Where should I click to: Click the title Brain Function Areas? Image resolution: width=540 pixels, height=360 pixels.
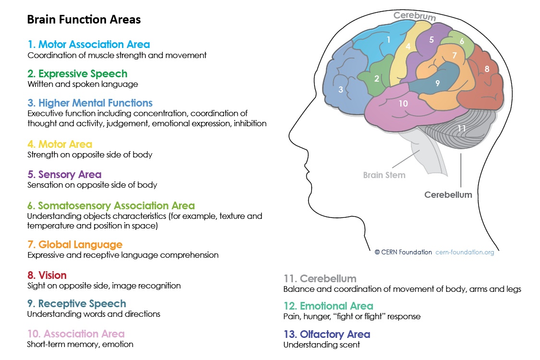84,19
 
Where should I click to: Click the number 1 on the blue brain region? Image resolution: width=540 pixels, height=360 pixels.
388,40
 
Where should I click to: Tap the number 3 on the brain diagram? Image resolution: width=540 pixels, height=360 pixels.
341,90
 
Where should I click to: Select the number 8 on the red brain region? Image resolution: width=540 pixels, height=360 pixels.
487,69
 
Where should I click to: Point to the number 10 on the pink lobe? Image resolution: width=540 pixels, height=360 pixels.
403,103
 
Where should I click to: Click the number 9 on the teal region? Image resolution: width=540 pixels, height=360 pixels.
437,83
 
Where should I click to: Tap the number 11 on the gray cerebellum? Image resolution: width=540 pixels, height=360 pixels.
461,129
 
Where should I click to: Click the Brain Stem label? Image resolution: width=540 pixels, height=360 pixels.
384,175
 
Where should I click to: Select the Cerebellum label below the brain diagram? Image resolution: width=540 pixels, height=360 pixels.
448,195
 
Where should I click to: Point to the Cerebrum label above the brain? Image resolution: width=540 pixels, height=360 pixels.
415,16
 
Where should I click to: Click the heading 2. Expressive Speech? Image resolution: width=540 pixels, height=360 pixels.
77,74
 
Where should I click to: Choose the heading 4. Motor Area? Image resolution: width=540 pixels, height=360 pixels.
60,144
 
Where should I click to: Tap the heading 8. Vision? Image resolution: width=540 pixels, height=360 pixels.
47,275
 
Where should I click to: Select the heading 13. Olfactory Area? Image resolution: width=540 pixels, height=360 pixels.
327,334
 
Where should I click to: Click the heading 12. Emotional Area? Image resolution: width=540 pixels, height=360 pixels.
328,306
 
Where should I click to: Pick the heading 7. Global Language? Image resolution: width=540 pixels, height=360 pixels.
75,245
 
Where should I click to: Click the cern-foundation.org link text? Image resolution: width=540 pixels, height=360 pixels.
465,252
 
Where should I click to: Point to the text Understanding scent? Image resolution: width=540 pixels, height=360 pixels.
322,345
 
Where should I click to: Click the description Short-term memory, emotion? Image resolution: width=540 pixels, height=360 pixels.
80,344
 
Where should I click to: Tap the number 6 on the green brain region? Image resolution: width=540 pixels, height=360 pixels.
462,41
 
